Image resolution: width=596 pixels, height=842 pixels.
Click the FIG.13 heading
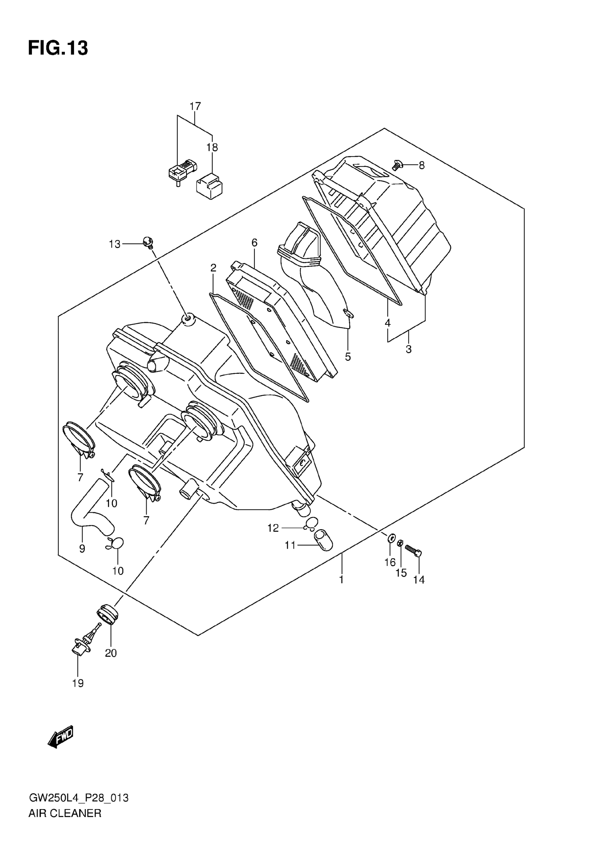click(x=58, y=48)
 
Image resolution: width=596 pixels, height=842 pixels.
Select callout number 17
click(x=195, y=106)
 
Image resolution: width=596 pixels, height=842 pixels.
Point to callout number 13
click(x=115, y=244)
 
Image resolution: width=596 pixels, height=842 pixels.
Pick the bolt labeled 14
click(x=413, y=561)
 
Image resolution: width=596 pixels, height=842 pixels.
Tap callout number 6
click(x=254, y=243)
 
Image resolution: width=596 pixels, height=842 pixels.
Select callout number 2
click(x=213, y=268)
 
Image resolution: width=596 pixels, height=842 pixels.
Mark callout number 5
click(x=347, y=357)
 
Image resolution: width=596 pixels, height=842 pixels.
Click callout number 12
click(x=273, y=528)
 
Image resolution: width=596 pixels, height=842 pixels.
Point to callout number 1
click(x=341, y=579)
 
